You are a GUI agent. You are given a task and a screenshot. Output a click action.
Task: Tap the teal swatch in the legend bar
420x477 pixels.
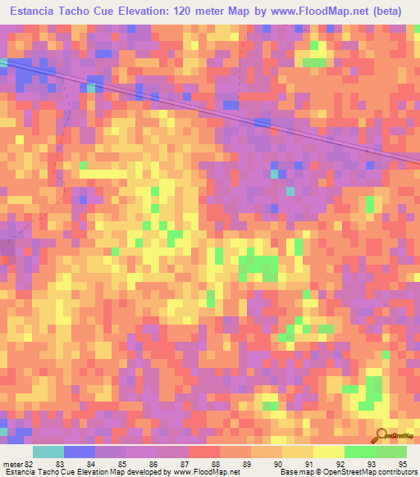[48, 452]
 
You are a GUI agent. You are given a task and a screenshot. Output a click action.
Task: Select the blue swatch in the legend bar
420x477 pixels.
[80, 452]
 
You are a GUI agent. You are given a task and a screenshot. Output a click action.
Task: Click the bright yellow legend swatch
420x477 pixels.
[329, 452]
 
